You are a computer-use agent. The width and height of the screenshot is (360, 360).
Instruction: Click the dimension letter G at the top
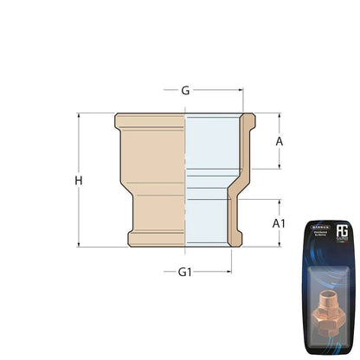coord(185,89)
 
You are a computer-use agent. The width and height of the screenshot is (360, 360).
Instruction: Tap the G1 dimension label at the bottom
coord(184,272)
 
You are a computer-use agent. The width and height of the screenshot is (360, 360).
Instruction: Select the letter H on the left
coord(79,180)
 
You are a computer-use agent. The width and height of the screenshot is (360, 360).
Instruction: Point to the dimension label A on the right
coord(279,140)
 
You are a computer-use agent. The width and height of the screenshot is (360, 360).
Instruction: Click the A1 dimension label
coord(279,223)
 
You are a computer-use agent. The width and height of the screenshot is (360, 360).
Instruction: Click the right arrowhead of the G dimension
coord(240,89)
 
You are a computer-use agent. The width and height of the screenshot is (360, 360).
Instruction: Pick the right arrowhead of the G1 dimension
coord(227,272)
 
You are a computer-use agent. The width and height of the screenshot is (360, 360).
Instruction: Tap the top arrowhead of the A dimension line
coord(279,115)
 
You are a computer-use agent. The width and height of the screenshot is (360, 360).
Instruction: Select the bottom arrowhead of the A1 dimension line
coord(279,245)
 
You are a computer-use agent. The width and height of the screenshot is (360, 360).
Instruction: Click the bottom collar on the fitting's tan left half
coord(156,239)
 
